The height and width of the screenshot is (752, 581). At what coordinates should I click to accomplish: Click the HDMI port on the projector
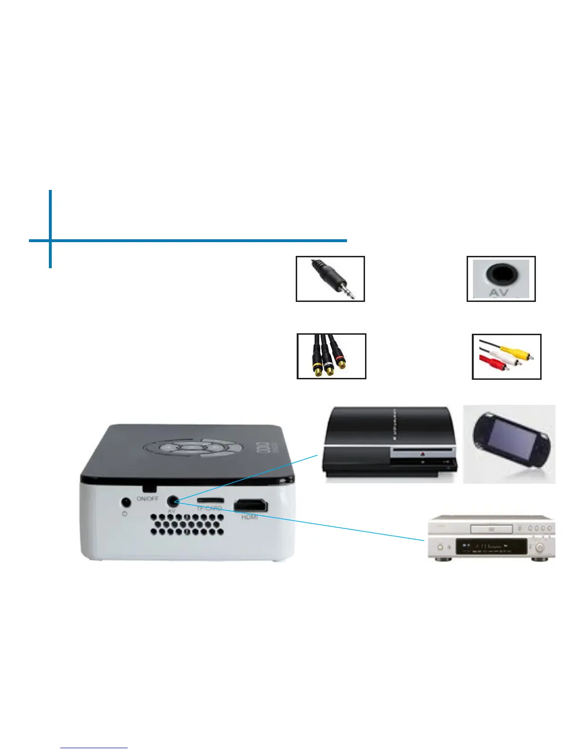click(x=250, y=506)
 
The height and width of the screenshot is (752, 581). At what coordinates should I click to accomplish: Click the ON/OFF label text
click(x=148, y=498)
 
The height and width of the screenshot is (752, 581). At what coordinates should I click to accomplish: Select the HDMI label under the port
click(x=250, y=517)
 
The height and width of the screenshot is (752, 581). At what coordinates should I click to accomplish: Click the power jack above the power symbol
click(x=125, y=501)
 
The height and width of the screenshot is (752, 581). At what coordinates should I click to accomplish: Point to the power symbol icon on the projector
click(x=125, y=514)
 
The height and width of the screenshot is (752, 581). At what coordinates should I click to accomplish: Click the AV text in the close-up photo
click(x=498, y=293)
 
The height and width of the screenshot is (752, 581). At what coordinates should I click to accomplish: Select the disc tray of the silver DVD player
click(x=491, y=528)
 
